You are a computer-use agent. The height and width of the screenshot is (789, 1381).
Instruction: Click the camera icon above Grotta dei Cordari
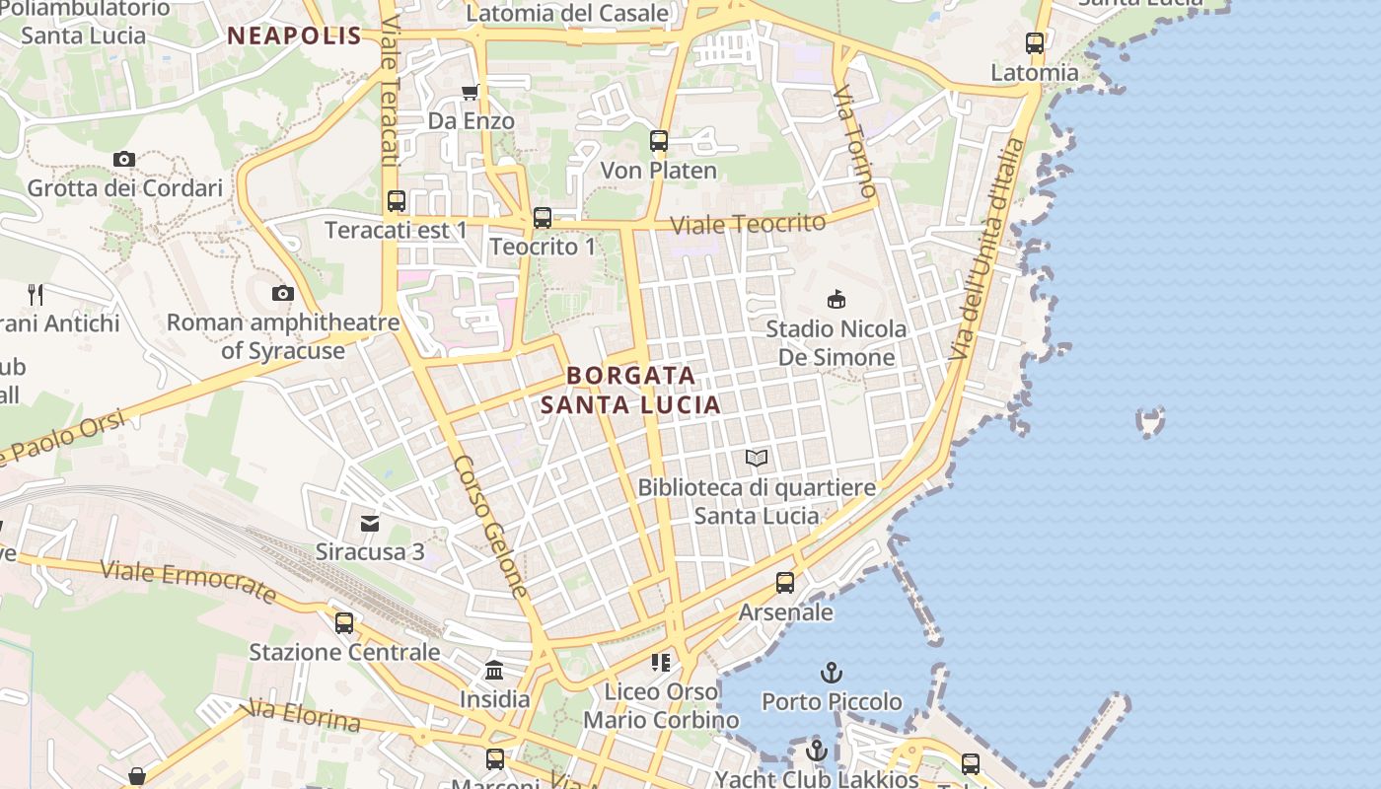(123, 159)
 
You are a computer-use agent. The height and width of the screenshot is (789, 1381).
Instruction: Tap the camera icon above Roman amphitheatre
(283, 293)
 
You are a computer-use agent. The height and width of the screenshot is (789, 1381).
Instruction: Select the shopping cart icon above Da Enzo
(471, 92)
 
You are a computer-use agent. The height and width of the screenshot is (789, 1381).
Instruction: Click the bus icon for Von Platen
(659, 141)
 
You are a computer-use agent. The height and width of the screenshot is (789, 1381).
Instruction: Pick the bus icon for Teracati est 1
(397, 201)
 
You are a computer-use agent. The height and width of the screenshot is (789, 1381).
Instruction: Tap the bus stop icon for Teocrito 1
(543, 218)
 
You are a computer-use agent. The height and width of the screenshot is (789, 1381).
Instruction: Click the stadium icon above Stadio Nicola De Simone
(836, 299)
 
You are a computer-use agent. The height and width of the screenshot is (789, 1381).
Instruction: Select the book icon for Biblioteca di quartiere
(757, 458)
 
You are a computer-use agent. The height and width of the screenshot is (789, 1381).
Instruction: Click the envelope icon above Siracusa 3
(370, 523)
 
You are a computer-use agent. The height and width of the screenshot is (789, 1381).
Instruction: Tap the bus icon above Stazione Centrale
(344, 623)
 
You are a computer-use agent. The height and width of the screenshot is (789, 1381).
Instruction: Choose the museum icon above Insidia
(494, 671)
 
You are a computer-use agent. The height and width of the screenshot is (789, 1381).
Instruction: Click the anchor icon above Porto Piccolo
(832, 673)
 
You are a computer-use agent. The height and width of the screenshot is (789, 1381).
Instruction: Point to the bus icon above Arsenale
(785, 583)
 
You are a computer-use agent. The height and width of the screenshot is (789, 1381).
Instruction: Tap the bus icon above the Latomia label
(1035, 43)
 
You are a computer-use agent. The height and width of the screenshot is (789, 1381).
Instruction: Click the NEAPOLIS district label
(295, 36)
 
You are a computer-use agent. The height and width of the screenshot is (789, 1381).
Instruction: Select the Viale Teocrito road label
(748, 224)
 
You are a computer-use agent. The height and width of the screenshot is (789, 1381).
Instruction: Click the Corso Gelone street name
(492, 527)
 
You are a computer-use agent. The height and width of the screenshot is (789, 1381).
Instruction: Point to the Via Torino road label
(855, 141)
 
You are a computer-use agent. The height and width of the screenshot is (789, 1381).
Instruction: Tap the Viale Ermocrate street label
(188, 581)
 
